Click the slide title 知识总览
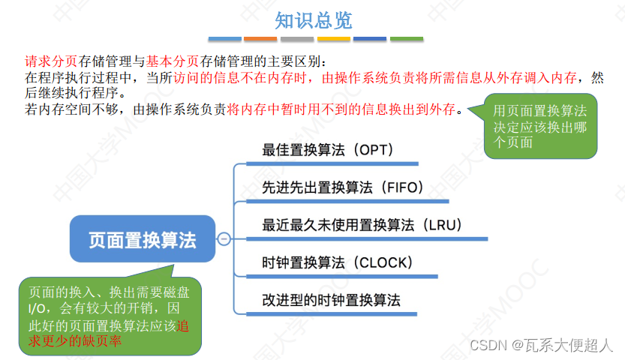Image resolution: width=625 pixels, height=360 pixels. tap(313, 19)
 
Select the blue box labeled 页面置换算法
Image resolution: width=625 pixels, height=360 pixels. tap(142, 240)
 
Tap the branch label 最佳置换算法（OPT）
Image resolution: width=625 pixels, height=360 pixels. tap(328, 149)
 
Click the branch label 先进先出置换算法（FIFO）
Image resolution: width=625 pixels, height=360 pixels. tap(343, 187)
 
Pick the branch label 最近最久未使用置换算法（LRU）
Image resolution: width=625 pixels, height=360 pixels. tap(361, 225)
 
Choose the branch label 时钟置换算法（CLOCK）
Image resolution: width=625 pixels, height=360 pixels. tap(338, 262)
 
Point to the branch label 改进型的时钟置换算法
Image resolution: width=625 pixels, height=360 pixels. tap(331, 300)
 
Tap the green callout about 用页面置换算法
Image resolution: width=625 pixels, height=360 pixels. tap(541, 126)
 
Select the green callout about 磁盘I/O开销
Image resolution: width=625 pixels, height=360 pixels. tap(110, 316)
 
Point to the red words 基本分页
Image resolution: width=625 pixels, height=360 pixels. tap(168, 61)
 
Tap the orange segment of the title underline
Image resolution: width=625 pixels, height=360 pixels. tap(260, 38)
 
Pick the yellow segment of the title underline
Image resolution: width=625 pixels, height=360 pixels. tap(334, 38)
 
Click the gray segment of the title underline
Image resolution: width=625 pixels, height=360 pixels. tap(297, 38)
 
